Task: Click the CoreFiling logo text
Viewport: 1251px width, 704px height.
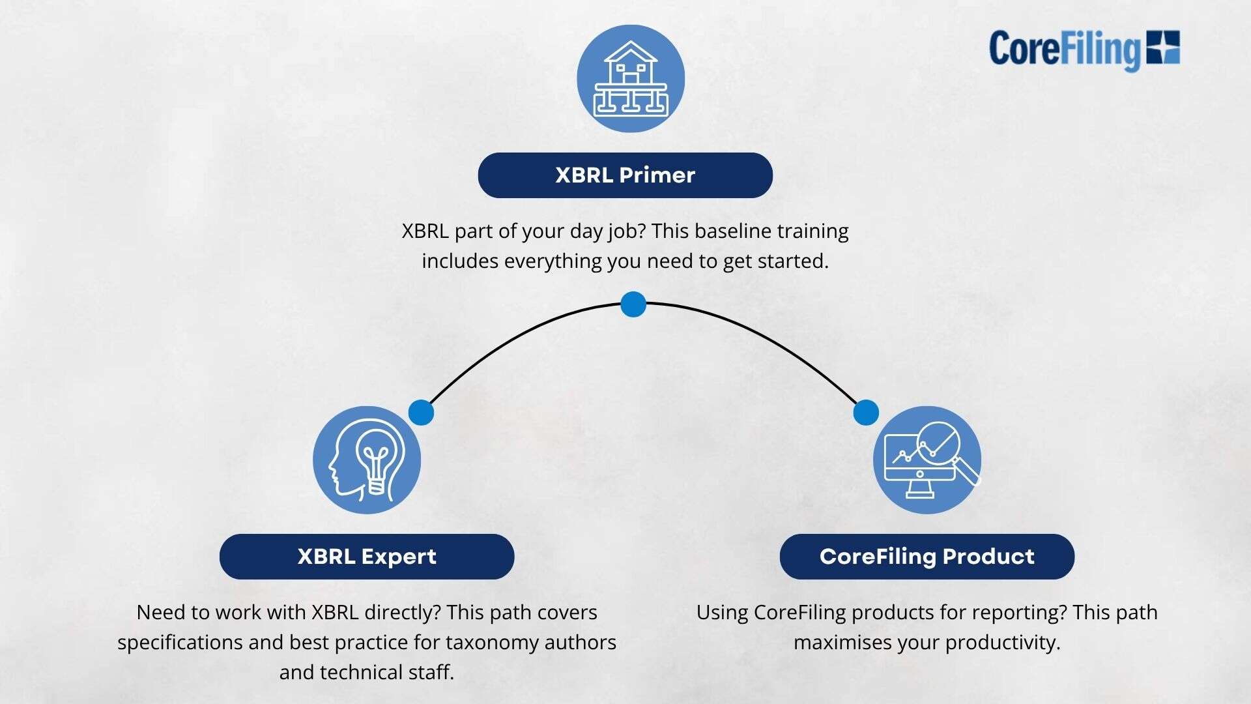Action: coord(1065,50)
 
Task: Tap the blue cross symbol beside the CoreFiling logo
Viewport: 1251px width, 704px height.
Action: coord(1163,47)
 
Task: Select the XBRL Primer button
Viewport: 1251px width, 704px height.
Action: coord(625,175)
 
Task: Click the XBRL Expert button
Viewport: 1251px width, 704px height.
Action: coord(367,557)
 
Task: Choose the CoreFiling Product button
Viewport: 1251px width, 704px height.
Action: coord(927,557)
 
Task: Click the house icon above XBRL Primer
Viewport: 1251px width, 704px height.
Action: coord(631,78)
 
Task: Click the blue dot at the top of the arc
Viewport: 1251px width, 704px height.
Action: coord(633,304)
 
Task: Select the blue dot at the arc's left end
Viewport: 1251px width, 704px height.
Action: coord(421,413)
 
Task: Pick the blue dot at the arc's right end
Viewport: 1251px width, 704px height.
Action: coord(866,413)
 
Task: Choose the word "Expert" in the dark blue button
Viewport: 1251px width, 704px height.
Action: coord(399,557)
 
